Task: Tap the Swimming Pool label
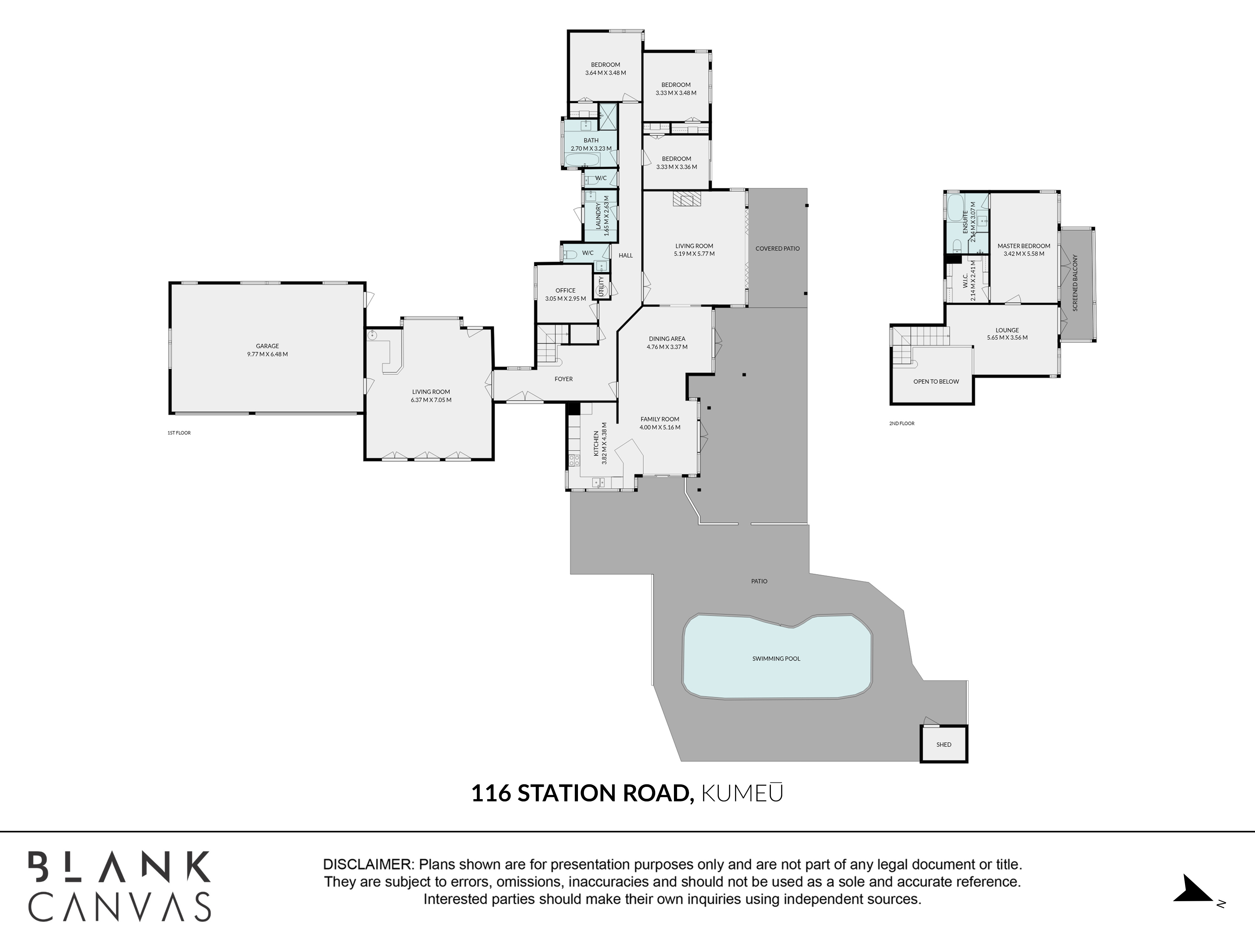[x=776, y=659]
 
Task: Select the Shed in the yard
[x=943, y=744]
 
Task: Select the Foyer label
[x=563, y=379]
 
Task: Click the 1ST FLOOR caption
[x=179, y=433]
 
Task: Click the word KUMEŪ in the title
[x=743, y=793]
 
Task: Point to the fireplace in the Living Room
[x=687, y=199]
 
